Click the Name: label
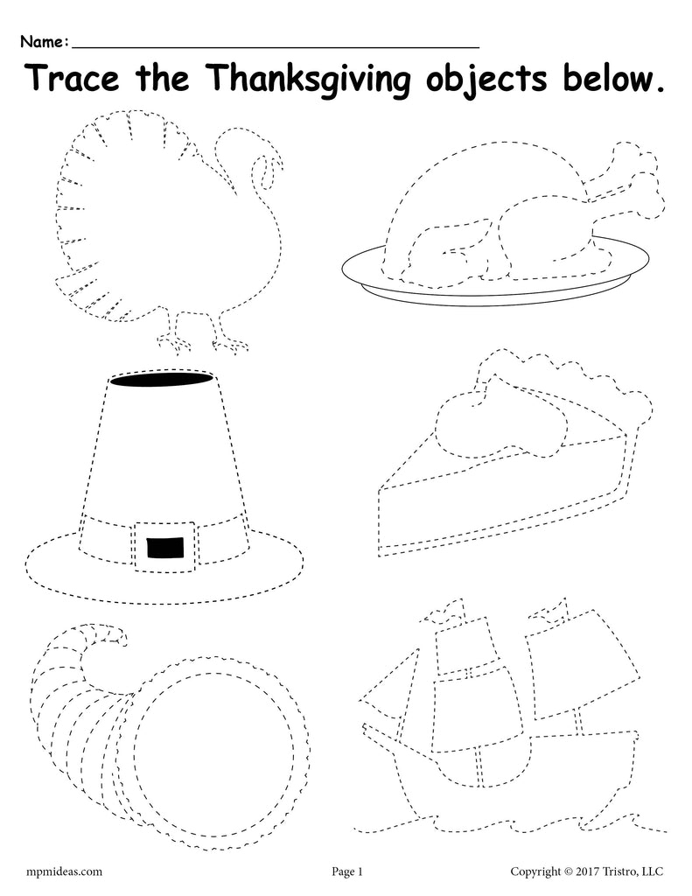(x=45, y=41)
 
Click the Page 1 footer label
(x=346, y=871)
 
